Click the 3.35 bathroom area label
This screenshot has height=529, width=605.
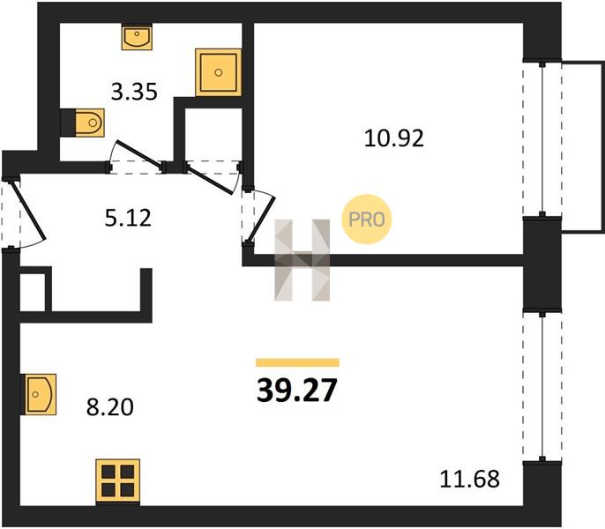[x=134, y=93]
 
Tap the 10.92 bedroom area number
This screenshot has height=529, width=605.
[x=394, y=138]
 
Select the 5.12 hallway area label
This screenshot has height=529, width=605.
[x=128, y=218]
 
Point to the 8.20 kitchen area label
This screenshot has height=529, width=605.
[x=110, y=407]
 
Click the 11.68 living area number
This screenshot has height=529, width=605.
[x=469, y=479]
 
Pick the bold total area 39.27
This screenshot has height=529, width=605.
[x=297, y=390]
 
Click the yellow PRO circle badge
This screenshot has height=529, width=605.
[x=367, y=220]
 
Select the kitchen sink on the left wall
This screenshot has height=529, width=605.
[x=41, y=394]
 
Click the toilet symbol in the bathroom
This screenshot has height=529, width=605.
[x=90, y=123]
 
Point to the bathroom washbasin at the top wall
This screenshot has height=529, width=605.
[x=137, y=37]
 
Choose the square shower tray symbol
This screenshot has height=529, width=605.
[x=219, y=72]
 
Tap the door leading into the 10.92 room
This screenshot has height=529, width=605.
[x=258, y=216]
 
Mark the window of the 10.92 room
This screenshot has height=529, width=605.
[x=542, y=138]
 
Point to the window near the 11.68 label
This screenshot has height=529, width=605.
[x=542, y=386]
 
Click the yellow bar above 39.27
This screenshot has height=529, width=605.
[x=297, y=362]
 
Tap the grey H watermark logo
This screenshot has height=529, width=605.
[x=302, y=260]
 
